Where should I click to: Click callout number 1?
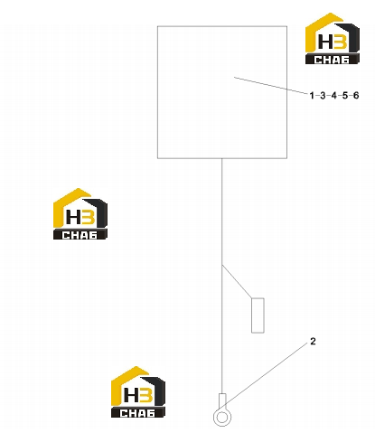coord(312,96)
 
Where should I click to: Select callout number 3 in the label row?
coord(323,96)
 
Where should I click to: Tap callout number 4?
coord(333,96)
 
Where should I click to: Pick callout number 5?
coord(345,96)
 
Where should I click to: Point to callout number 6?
coord(356,96)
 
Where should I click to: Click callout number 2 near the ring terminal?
coord(313,342)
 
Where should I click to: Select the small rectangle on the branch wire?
coord(258,315)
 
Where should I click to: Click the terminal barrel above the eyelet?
coord(222,400)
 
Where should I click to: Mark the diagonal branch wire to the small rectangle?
coord(237,282)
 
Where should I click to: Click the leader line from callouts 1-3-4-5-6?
coord(271,86)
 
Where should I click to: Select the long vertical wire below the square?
coord(222,276)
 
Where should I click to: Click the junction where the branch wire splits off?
coord(222,265)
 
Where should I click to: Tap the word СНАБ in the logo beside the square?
coord(332,60)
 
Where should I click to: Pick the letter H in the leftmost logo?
coord(73,217)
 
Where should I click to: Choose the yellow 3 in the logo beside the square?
coord(340,42)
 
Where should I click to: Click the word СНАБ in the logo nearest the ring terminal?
coord(137,413)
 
